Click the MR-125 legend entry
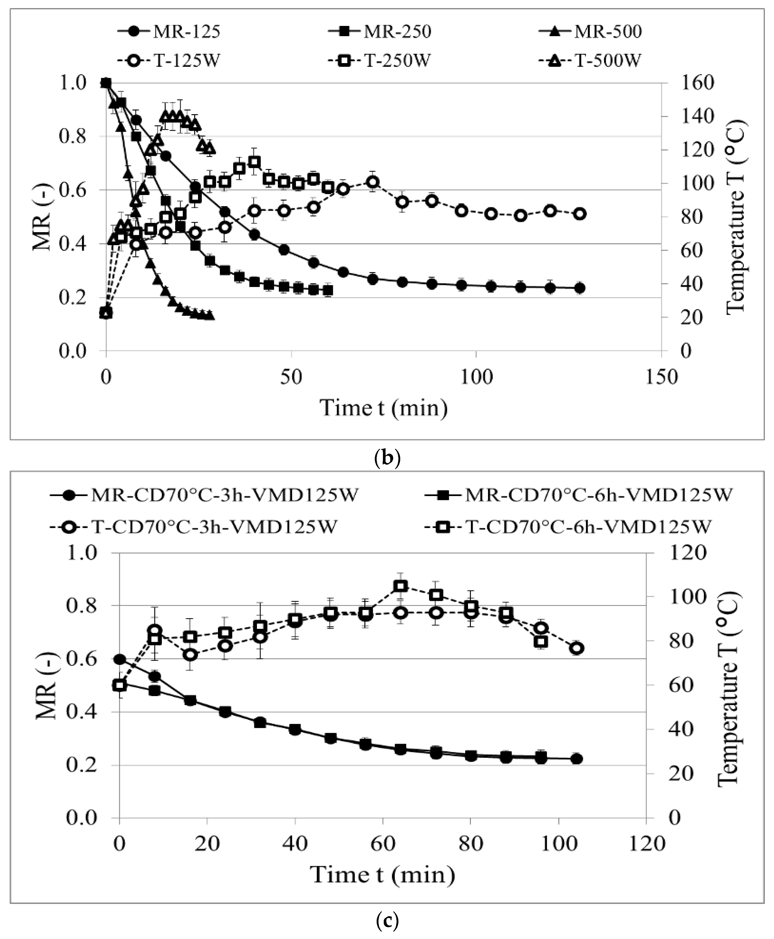pos(169,32)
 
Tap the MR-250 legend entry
pos(379,32)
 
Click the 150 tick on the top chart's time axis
pos(661,377)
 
